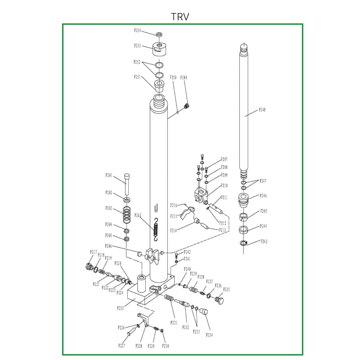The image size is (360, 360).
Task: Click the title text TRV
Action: coord(180,17)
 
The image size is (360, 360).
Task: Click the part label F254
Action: coord(138,31)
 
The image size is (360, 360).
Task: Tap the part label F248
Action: coord(262,110)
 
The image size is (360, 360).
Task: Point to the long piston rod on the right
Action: coord(243,108)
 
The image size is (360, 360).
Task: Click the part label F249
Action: coord(184,78)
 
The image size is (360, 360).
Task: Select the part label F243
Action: coord(264,242)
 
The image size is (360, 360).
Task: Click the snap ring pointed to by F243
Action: coord(244,243)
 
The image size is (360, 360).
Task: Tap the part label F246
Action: coord(264,196)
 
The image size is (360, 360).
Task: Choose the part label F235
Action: coord(226,290)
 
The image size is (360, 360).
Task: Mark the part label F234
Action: coord(209,335)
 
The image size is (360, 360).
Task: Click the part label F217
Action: coord(94,252)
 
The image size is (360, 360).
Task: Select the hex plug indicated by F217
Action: coord(89,266)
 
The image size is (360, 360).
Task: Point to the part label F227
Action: coord(121,346)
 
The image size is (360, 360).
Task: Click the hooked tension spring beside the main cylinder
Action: coord(156,229)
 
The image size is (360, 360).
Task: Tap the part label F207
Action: coord(224,160)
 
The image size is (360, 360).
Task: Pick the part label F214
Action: coord(173,230)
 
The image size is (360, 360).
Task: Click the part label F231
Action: coord(174,323)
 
